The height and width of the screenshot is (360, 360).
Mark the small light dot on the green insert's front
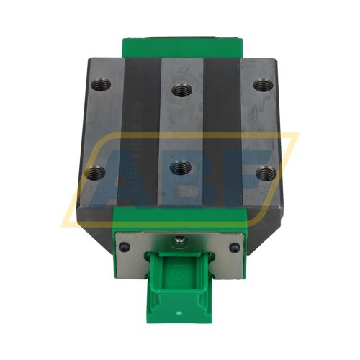[x=180, y=314]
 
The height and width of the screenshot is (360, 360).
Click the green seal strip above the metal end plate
[x=180, y=221]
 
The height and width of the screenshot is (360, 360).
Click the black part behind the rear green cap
[x=180, y=33]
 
